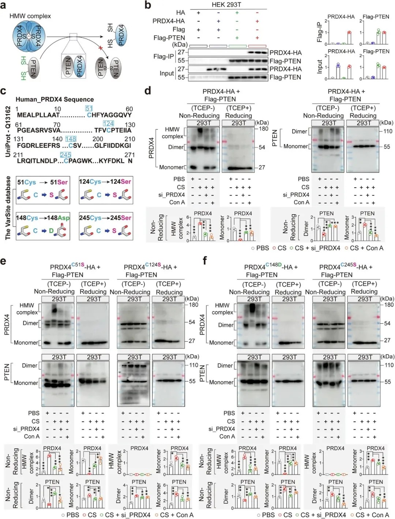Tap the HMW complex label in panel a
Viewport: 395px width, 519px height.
[x=30, y=16]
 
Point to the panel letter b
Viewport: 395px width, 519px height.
[x=148, y=5]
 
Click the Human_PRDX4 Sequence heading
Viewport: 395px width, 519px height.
[x=54, y=99]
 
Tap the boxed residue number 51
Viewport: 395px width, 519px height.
[x=89, y=108]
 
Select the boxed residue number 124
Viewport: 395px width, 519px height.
[x=108, y=124]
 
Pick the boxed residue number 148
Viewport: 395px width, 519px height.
[x=71, y=139]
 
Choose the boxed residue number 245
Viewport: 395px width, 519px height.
[x=65, y=155]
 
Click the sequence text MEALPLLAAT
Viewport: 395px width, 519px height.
[x=38, y=115]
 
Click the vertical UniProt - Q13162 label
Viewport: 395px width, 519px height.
[x=8, y=132]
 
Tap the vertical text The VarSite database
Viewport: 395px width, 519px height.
[x=8, y=208]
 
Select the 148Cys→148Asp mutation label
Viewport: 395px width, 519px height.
[x=43, y=218]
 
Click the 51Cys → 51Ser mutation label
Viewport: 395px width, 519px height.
[x=42, y=182]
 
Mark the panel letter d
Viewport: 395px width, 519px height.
[x=148, y=91]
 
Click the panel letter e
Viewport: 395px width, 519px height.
[x=3, y=261]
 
